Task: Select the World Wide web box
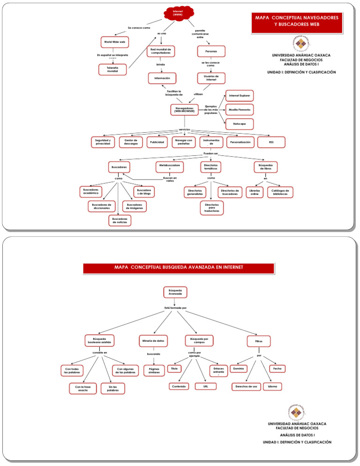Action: tap(114, 42)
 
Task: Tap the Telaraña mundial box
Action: tap(112, 69)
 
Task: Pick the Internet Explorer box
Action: tap(240, 96)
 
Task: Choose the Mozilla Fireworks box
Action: tap(240, 110)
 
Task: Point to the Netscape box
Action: tap(240, 124)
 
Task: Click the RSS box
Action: tap(271, 142)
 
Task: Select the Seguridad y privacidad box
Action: tap(103, 142)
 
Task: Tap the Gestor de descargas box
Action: tap(131, 142)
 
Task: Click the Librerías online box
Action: tap(255, 192)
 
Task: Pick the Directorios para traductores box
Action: tap(211, 208)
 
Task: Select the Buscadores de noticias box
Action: tap(120, 220)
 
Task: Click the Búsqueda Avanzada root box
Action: tap(175, 292)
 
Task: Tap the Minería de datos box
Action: tap(153, 340)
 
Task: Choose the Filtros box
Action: tap(259, 340)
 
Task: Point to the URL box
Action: tap(205, 387)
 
